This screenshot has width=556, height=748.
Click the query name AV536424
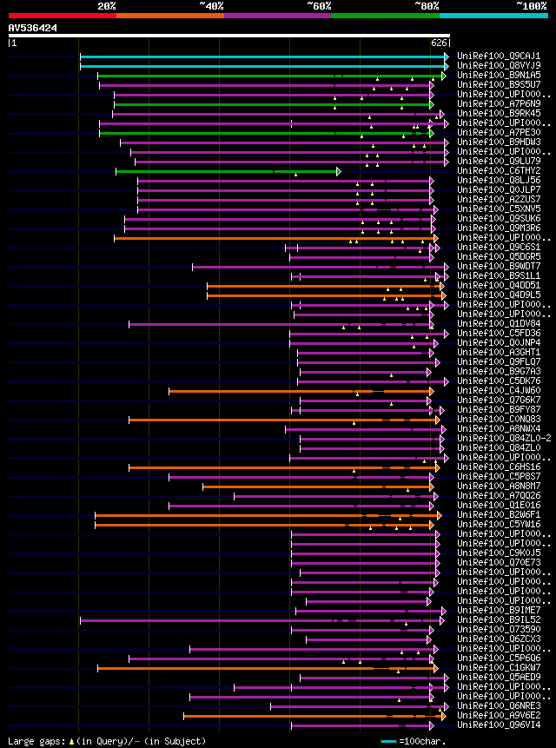33,28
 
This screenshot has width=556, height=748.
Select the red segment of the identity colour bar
62,15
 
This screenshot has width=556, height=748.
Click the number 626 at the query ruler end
439,42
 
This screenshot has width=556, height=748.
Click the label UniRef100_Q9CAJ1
499,56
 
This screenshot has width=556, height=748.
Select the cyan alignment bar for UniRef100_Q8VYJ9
261,66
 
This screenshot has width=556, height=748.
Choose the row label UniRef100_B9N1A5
499,76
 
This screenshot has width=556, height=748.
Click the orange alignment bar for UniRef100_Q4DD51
321,286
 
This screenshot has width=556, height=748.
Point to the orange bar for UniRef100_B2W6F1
261,515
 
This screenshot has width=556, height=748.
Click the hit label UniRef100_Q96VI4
499,725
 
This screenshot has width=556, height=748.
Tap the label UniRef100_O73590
499,629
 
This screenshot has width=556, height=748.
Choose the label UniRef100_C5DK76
499,381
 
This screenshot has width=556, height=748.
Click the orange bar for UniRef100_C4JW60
295,391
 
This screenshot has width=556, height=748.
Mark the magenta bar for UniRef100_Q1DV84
278,324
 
